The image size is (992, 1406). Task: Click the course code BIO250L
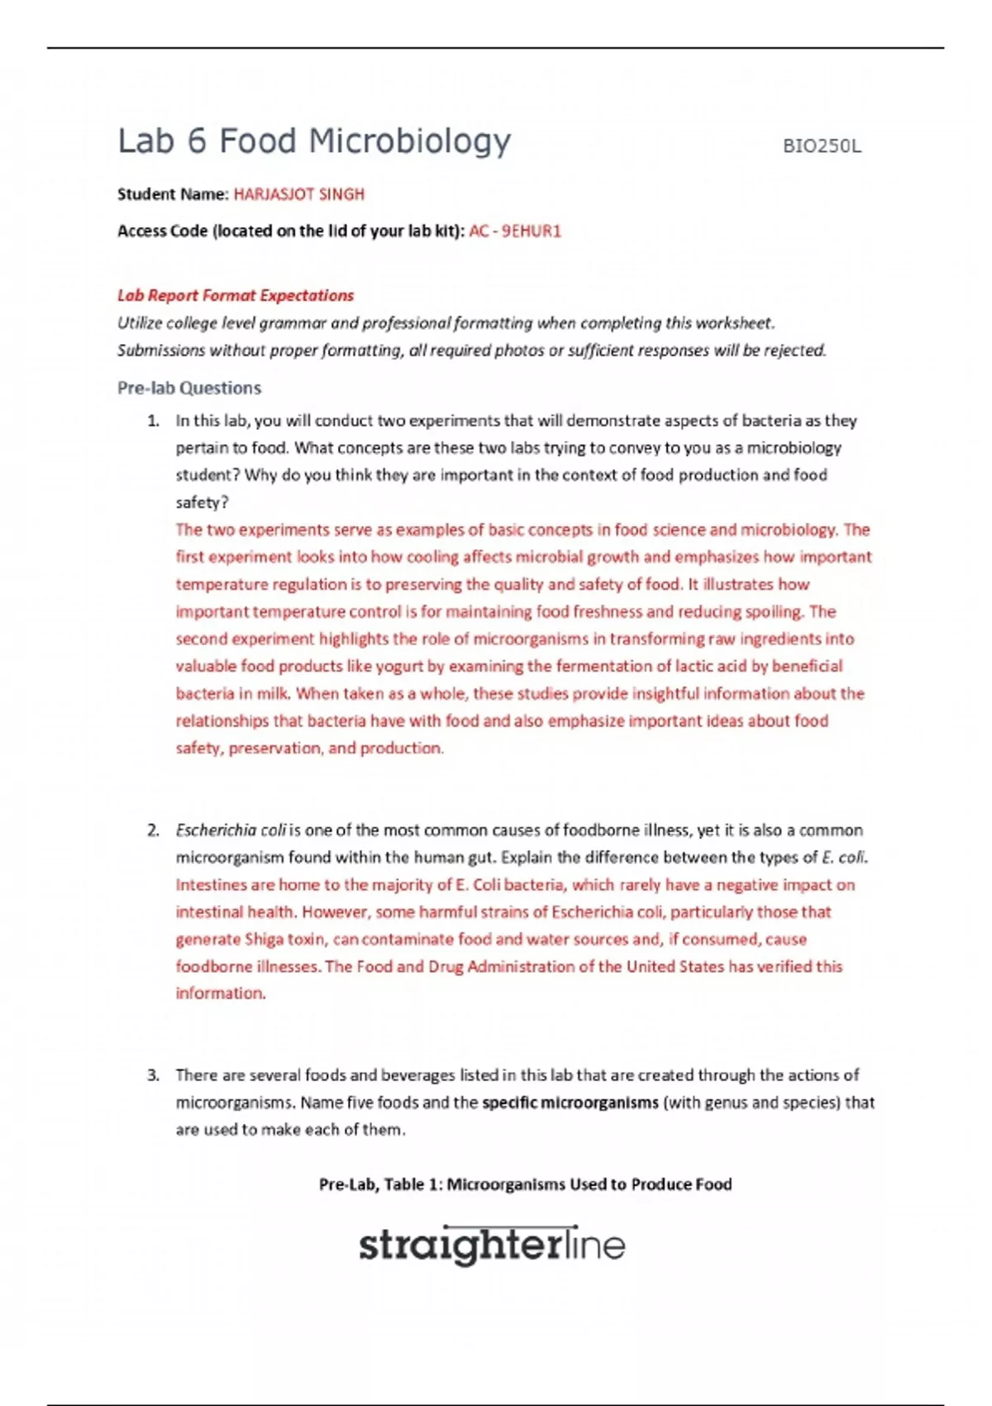click(821, 146)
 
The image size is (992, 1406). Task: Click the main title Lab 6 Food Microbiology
click(314, 141)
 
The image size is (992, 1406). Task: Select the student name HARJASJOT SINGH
click(298, 194)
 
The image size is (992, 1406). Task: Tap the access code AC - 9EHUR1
click(514, 232)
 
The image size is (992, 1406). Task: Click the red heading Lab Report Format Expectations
click(236, 295)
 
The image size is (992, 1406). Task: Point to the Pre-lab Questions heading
click(189, 388)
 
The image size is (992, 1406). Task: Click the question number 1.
click(153, 421)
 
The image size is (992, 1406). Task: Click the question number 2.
click(153, 830)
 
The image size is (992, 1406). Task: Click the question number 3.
click(153, 1075)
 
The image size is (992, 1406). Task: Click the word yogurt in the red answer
click(399, 667)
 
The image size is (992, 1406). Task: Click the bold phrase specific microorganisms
click(570, 1102)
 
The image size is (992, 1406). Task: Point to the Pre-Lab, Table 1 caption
click(525, 1184)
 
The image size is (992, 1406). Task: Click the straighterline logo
click(492, 1246)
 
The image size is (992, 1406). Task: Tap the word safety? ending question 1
click(202, 503)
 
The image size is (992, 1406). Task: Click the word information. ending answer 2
click(220, 993)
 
